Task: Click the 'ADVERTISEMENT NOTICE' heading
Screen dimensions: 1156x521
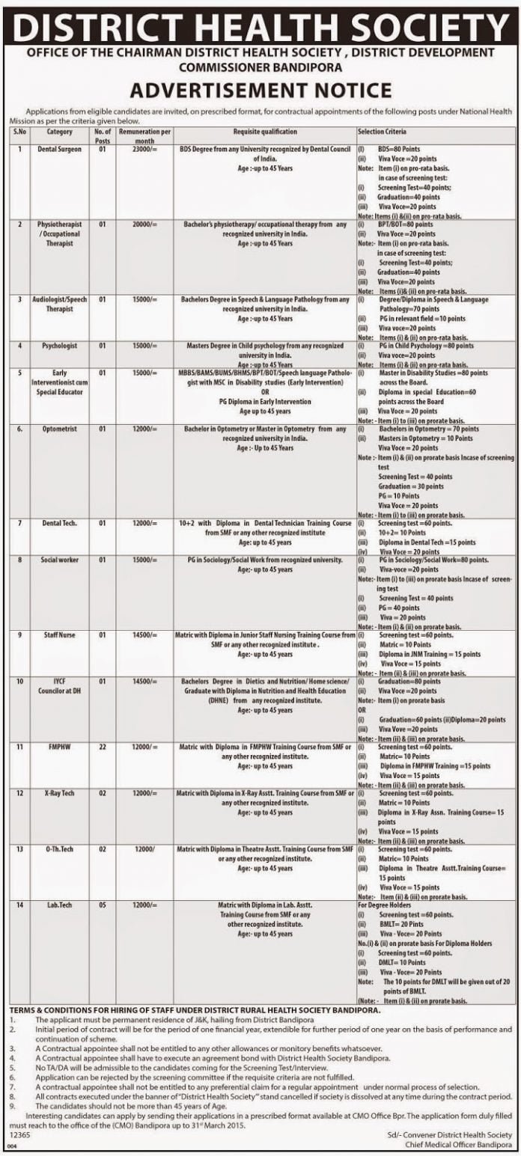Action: click(x=260, y=91)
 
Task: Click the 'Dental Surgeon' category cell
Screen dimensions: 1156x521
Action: click(x=59, y=150)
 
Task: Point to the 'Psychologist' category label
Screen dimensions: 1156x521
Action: click(x=59, y=346)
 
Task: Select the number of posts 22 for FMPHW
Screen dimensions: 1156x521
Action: click(x=103, y=747)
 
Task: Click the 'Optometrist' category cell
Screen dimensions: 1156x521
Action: click(x=59, y=430)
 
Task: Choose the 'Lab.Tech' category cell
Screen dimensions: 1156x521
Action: click(x=59, y=905)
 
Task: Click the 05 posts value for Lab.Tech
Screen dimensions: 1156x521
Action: click(x=103, y=905)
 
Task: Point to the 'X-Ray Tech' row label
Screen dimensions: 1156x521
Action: click(x=59, y=793)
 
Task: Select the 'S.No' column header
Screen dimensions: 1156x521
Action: click(x=19, y=132)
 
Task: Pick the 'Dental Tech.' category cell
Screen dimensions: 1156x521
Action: click(x=59, y=523)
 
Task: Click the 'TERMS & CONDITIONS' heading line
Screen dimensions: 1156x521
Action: click(x=195, y=1010)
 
